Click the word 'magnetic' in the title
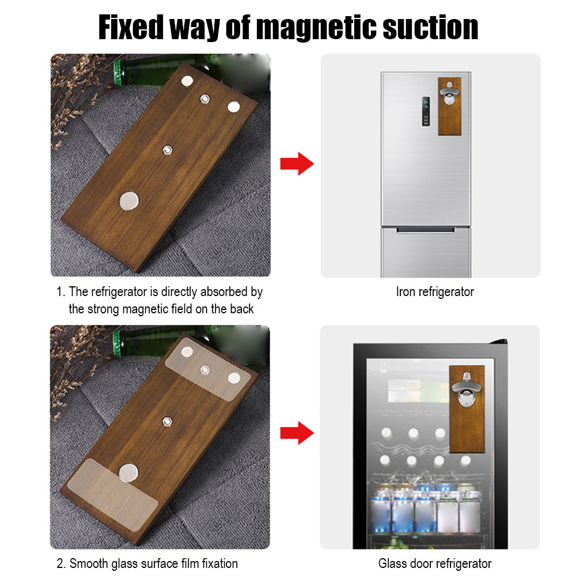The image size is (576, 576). pyautogui.click(x=316, y=28)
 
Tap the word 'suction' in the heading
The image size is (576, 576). pyautogui.click(x=430, y=28)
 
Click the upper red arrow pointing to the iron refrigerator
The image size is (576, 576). pyautogui.click(x=297, y=164)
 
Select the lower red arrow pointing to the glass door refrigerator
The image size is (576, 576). pyautogui.click(x=297, y=433)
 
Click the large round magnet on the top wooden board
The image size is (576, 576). pyautogui.click(x=129, y=201)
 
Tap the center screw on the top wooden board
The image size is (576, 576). pyautogui.click(x=168, y=150)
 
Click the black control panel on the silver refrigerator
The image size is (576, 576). pyautogui.click(x=426, y=112)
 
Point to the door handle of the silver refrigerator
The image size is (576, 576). pyautogui.click(x=426, y=230)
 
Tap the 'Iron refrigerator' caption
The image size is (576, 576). pyautogui.click(x=435, y=291)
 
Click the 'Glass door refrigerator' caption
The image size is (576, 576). pyautogui.click(x=434, y=563)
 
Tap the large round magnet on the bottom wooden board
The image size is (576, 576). pyautogui.click(x=128, y=473)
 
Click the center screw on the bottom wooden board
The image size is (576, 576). pyautogui.click(x=168, y=421)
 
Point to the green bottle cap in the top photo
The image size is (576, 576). pyautogui.click(x=118, y=73)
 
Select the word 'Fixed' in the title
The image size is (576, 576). pyautogui.click(x=131, y=28)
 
